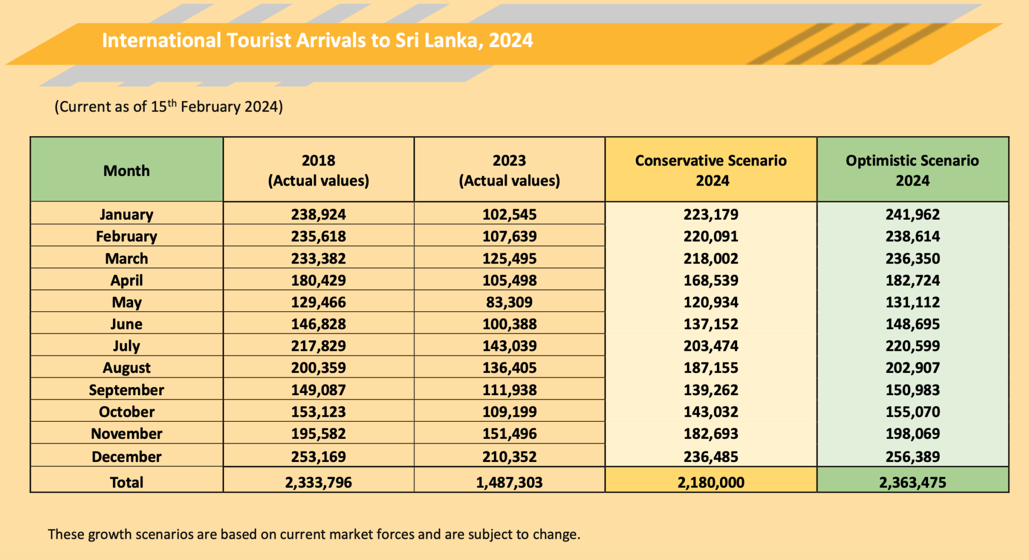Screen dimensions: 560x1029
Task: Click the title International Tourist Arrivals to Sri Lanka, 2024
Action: click(317, 41)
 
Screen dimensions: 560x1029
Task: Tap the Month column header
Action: click(127, 171)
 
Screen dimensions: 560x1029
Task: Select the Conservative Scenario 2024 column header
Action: click(711, 170)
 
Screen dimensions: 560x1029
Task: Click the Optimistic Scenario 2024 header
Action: click(912, 170)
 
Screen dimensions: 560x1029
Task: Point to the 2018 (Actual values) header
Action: click(319, 170)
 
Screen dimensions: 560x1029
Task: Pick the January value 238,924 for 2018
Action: click(319, 215)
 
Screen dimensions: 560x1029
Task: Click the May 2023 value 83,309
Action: click(509, 302)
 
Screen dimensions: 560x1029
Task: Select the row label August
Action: click(127, 368)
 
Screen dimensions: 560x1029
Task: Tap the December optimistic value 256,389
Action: click(912, 456)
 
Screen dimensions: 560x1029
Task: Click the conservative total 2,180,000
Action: click(711, 483)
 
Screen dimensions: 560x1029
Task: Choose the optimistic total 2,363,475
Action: click(912, 483)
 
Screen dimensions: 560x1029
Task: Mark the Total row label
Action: click(127, 483)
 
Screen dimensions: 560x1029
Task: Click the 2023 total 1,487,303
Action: click(509, 483)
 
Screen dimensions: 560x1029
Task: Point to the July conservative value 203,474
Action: click(711, 346)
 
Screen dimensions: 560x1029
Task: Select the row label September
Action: click(127, 390)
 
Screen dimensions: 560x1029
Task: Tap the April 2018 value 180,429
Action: click(319, 281)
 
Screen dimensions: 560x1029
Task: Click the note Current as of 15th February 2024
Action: click(169, 107)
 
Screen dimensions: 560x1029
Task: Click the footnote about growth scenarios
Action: click(314, 534)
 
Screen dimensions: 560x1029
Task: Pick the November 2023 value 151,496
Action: click(509, 434)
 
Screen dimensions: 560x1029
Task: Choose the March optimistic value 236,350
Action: click(912, 258)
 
